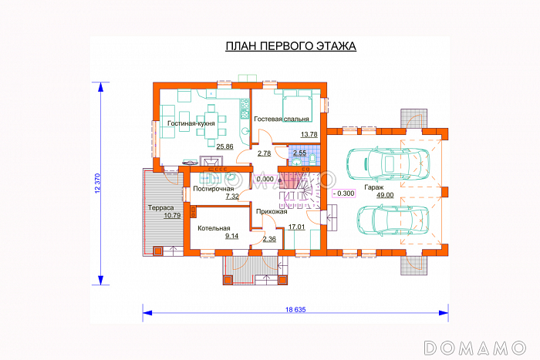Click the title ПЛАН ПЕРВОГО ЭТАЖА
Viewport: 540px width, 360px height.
click(291, 46)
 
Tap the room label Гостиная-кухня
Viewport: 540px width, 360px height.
click(191, 123)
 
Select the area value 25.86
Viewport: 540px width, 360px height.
click(224, 146)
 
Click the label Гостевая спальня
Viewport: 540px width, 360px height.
click(282, 119)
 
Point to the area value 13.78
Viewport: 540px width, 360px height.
click(309, 135)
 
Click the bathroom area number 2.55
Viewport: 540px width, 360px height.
click(299, 153)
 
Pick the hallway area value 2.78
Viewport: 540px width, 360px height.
click(264, 153)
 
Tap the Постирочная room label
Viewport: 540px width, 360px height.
click(214, 189)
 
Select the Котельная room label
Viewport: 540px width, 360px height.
click(214, 228)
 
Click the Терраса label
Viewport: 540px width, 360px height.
click(160, 208)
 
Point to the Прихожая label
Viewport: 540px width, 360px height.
click(272, 212)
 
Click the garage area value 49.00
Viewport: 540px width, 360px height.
click(385, 195)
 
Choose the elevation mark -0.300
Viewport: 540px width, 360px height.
click(344, 193)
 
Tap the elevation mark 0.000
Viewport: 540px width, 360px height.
click(265, 180)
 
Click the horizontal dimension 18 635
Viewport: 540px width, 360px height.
click(295, 310)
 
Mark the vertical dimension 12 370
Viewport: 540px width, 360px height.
click(97, 183)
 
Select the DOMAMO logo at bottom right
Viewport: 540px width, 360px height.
click(475, 348)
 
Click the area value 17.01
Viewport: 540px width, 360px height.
click(296, 227)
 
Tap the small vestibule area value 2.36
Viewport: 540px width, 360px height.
click(269, 239)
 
